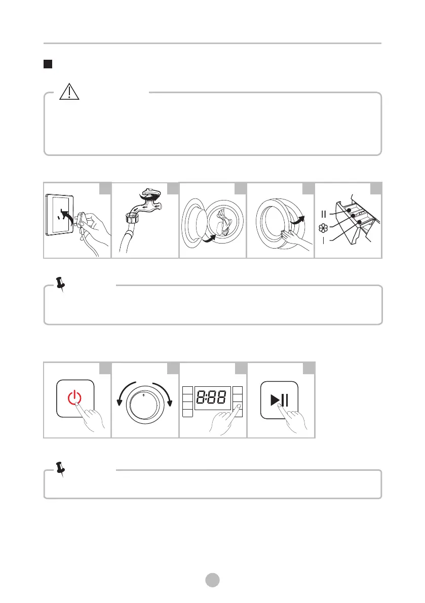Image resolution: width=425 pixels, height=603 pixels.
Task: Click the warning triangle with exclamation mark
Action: pyautogui.click(x=69, y=92)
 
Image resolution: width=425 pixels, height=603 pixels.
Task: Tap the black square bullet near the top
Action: pyautogui.click(x=48, y=64)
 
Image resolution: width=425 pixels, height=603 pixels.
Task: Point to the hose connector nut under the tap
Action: pyautogui.click(x=132, y=219)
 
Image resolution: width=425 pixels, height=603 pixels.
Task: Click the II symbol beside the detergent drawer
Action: pyautogui.click(x=324, y=214)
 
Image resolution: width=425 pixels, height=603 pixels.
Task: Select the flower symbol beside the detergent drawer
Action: pyautogui.click(x=324, y=228)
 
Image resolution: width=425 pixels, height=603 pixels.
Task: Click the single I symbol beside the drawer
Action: pyautogui.click(x=324, y=240)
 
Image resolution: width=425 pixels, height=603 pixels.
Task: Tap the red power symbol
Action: pyautogui.click(x=74, y=397)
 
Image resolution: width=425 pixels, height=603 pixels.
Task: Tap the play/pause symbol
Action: pyautogui.click(x=279, y=400)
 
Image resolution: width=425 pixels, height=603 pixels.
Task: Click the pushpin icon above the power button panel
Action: pyautogui.click(x=60, y=284)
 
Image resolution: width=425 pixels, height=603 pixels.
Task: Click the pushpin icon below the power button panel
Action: pyautogui.click(x=60, y=469)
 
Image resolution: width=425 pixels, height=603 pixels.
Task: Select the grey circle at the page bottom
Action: pyautogui.click(x=212, y=580)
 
